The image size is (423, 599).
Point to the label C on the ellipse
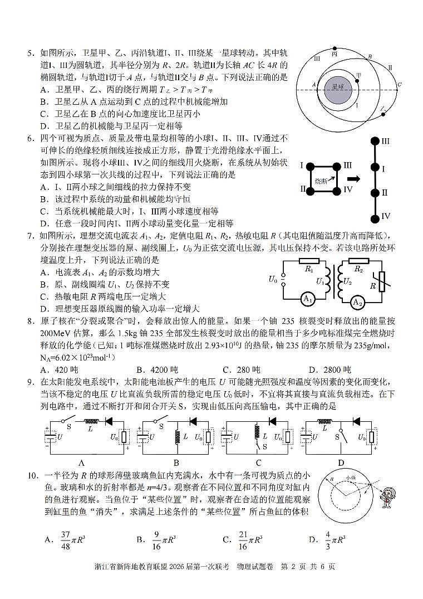point(399,85)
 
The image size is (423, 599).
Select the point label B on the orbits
point(370,57)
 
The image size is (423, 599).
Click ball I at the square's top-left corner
point(312,165)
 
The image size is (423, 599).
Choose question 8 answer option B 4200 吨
point(157,369)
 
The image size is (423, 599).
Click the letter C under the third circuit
point(258,462)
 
